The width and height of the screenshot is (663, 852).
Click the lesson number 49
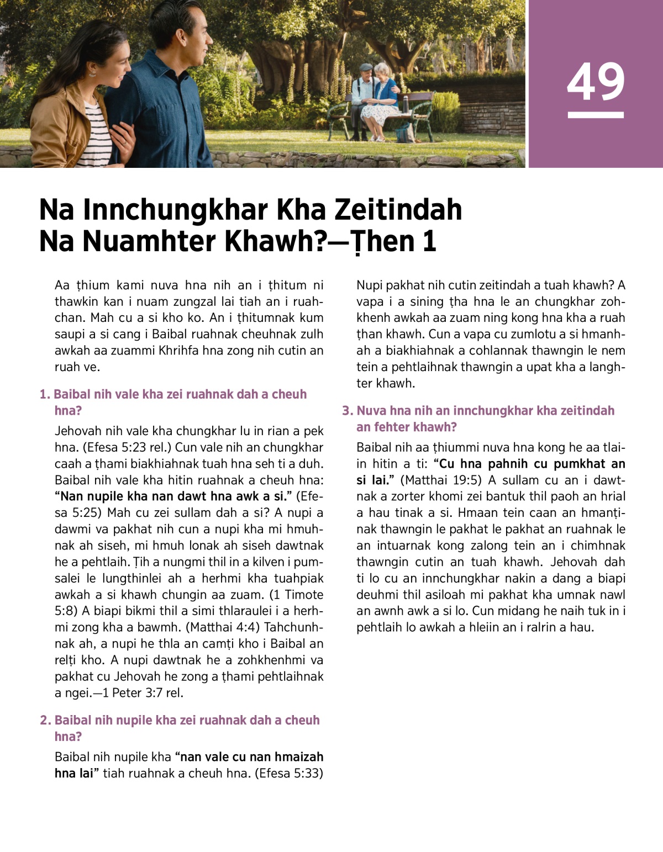(x=595, y=82)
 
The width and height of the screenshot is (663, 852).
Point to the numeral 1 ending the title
(x=429, y=241)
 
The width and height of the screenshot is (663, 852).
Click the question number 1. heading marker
(x=45, y=394)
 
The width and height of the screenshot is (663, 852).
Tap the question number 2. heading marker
(x=45, y=720)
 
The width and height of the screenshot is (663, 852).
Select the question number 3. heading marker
(x=348, y=411)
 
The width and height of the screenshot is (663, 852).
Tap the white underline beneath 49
(x=595, y=115)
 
